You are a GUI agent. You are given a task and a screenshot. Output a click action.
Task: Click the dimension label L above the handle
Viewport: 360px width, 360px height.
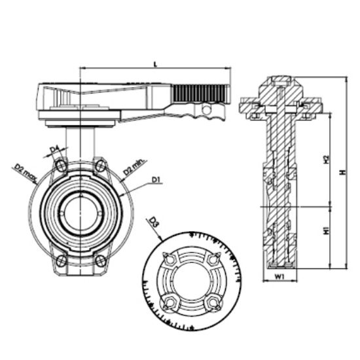click(154, 63)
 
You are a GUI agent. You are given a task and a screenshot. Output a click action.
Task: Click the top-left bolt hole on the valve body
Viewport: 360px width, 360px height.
click(62, 166)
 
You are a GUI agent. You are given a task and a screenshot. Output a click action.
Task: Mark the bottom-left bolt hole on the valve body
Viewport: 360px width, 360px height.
click(62, 262)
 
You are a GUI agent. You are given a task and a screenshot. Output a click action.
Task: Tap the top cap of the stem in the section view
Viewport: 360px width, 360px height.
click(280, 82)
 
